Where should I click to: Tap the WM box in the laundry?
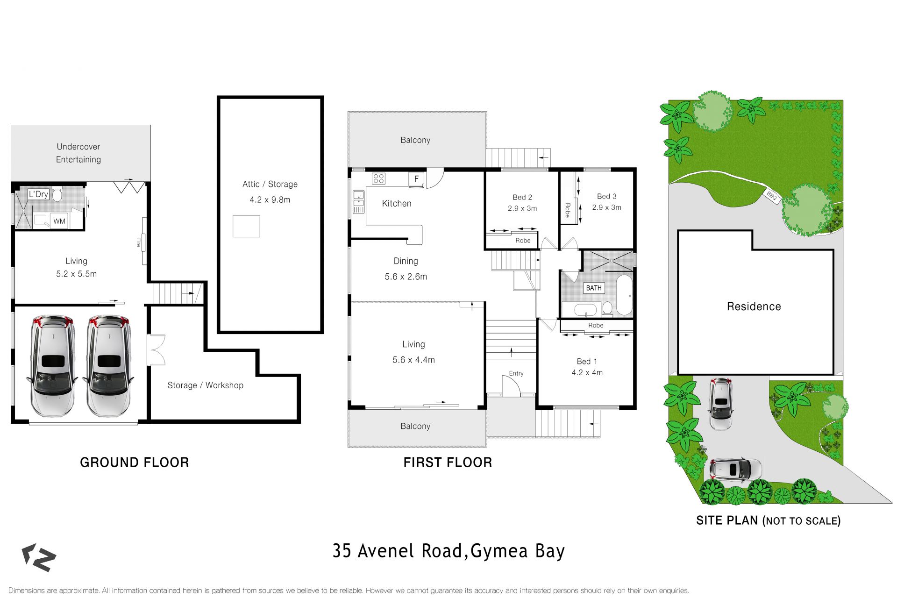[x=59, y=221]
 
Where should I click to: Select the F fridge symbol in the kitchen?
[x=416, y=179]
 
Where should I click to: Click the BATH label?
[x=594, y=288]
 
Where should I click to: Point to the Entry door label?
[x=516, y=373]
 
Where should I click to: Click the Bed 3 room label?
[x=606, y=196]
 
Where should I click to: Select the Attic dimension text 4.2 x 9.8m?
[x=270, y=200]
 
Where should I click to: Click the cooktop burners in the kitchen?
[x=378, y=178]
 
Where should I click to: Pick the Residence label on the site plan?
[x=754, y=306]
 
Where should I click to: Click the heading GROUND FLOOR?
[x=135, y=463]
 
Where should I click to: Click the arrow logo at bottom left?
[x=39, y=557]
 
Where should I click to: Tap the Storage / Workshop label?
[x=205, y=385]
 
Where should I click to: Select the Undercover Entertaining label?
[x=78, y=153]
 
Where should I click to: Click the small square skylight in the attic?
[x=246, y=226]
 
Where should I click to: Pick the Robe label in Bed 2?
[x=523, y=241]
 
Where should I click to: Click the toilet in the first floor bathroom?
[x=607, y=308]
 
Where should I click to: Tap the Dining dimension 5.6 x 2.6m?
[x=406, y=277]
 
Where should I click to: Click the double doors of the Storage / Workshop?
[x=156, y=349]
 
